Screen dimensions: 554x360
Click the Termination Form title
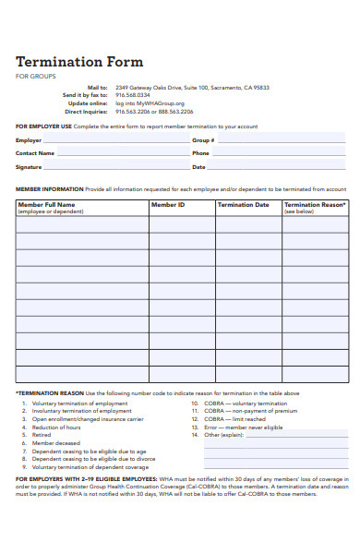[79, 62]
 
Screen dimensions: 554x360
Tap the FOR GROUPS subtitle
[35, 77]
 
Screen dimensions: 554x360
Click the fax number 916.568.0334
[133, 94]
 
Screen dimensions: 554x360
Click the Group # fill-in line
[282, 140]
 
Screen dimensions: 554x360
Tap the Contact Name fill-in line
[120, 153]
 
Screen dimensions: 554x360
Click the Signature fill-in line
[115, 167]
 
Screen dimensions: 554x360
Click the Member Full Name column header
[47, 205]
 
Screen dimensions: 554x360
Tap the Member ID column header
[168, 205]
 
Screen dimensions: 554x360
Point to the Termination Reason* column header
[316, 205]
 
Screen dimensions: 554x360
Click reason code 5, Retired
[42, 435]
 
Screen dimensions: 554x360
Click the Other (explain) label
[223, 435]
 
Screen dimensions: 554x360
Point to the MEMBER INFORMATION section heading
[50, 188]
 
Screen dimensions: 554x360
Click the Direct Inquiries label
[84, 111]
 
